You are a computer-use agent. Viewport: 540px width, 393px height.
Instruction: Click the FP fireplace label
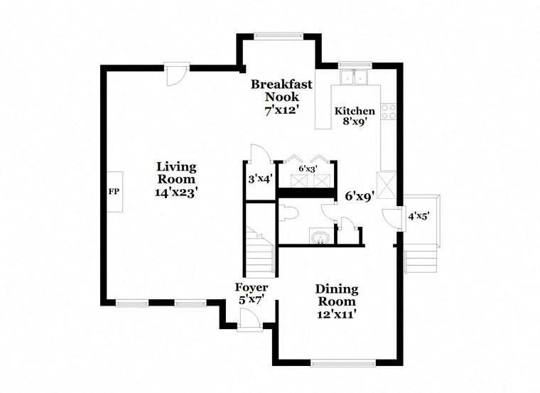[114, 191]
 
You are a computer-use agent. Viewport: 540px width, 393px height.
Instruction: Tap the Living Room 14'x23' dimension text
[176, 192]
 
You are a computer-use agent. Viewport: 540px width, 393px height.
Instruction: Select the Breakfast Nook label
[281, 90]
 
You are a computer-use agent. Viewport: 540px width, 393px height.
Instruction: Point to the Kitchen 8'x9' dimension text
[355, 122]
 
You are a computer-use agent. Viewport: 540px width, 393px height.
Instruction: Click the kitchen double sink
[353, 77]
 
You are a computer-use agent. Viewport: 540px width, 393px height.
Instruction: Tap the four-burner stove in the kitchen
[389, 112]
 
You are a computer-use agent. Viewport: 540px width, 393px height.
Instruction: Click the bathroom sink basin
[320, 237]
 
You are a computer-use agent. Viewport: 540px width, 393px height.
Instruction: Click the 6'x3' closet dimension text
[308, 168]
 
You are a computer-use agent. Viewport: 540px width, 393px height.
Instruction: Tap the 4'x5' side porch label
[418, 216]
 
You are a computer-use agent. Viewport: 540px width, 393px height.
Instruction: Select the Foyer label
[252, 287]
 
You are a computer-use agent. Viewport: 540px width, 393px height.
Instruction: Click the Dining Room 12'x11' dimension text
[337, 314]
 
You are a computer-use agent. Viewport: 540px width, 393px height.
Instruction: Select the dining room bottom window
[343, 363]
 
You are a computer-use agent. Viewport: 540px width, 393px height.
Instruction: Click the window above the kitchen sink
[355, 64]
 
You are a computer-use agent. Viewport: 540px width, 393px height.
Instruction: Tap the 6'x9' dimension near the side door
[360, 196]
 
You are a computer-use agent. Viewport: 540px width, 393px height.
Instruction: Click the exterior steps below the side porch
[421, 262]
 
